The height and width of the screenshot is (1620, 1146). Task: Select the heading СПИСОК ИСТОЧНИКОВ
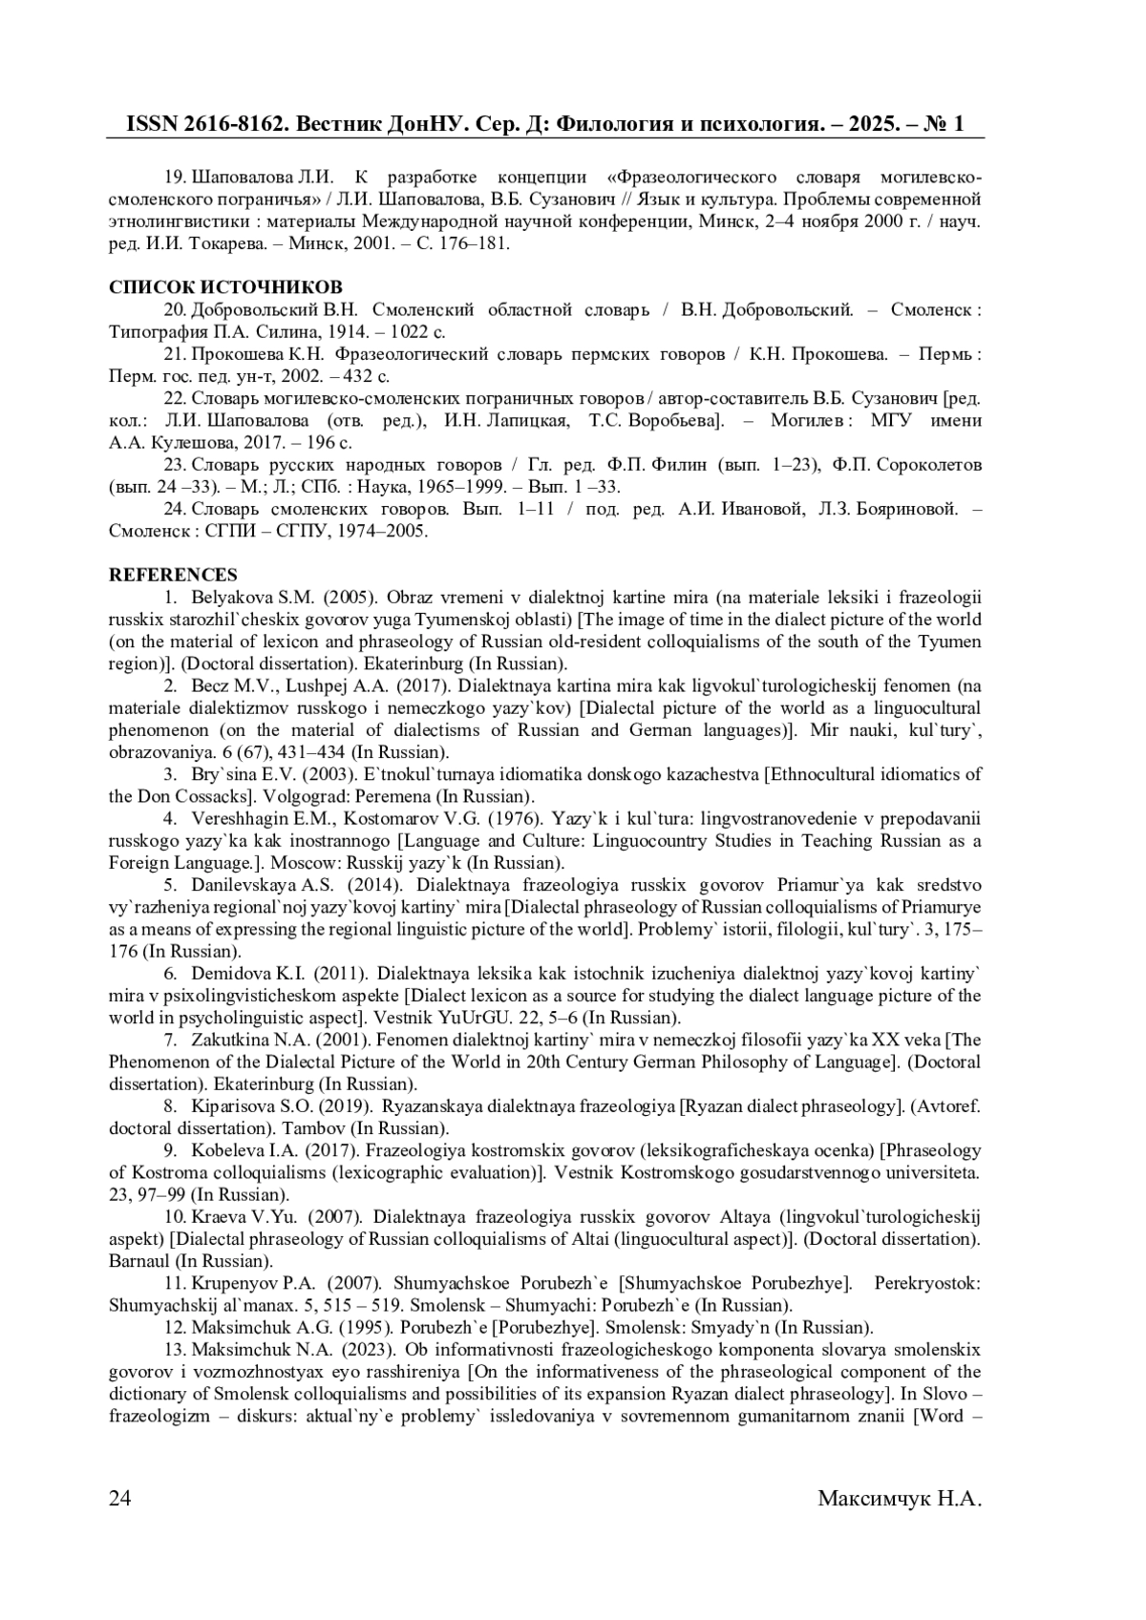(225, 287)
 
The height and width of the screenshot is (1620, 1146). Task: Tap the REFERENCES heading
(174, 575)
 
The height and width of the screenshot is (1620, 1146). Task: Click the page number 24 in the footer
(120, 1498)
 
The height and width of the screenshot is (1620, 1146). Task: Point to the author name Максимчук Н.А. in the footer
(900, 1498)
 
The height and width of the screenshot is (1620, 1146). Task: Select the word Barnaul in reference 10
(138, 1260)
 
